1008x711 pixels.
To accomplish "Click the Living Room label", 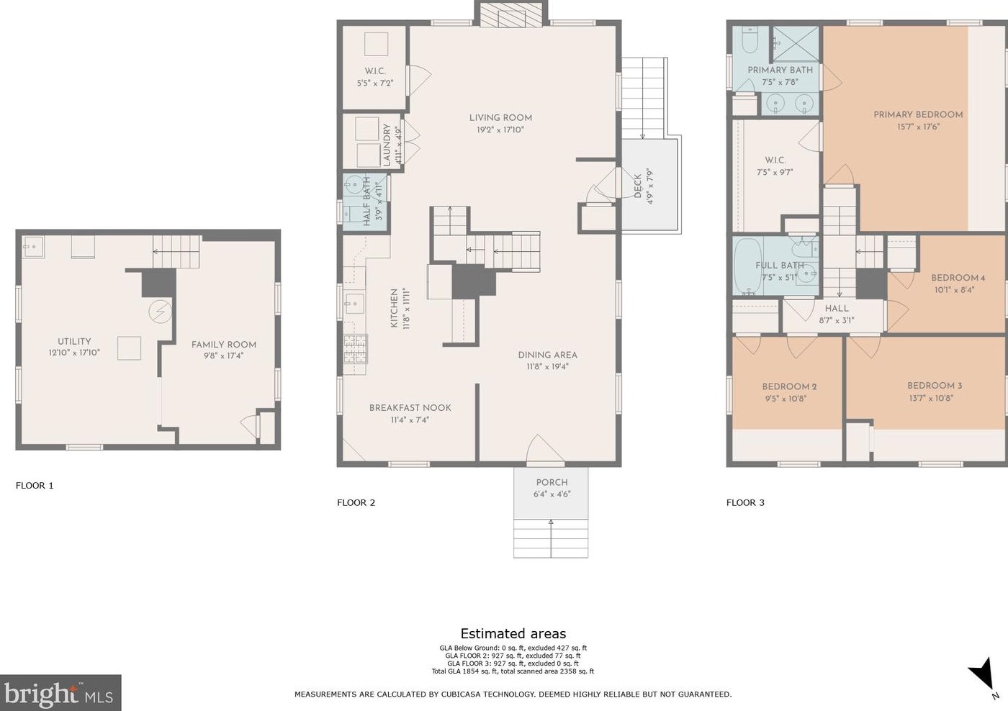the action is click(x=500, y=118).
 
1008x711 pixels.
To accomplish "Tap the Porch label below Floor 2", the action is click(x=552, y=483).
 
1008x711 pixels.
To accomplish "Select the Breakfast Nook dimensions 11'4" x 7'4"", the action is click(x=410, y=420).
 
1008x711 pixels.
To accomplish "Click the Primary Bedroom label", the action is click(x=918, y=114).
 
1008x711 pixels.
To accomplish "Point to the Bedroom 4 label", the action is click(x=958, y=278).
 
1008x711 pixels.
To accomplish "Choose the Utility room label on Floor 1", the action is click(x=74, y=341).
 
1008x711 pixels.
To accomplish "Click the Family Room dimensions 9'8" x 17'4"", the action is click(x=223, y=355).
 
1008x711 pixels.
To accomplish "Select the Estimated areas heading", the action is click(x=513, y=634).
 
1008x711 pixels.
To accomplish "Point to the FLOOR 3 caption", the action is click(x=745, y=503).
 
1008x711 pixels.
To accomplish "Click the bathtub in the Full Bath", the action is click(x=747, y=266).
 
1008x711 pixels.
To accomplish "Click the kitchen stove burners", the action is click(x=356, y=349).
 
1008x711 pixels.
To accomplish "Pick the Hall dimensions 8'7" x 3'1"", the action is click(x=837, y=321).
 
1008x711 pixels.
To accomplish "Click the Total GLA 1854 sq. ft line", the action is click(x=513, y=671).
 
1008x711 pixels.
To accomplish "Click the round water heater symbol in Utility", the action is click(x=160, y=311).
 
